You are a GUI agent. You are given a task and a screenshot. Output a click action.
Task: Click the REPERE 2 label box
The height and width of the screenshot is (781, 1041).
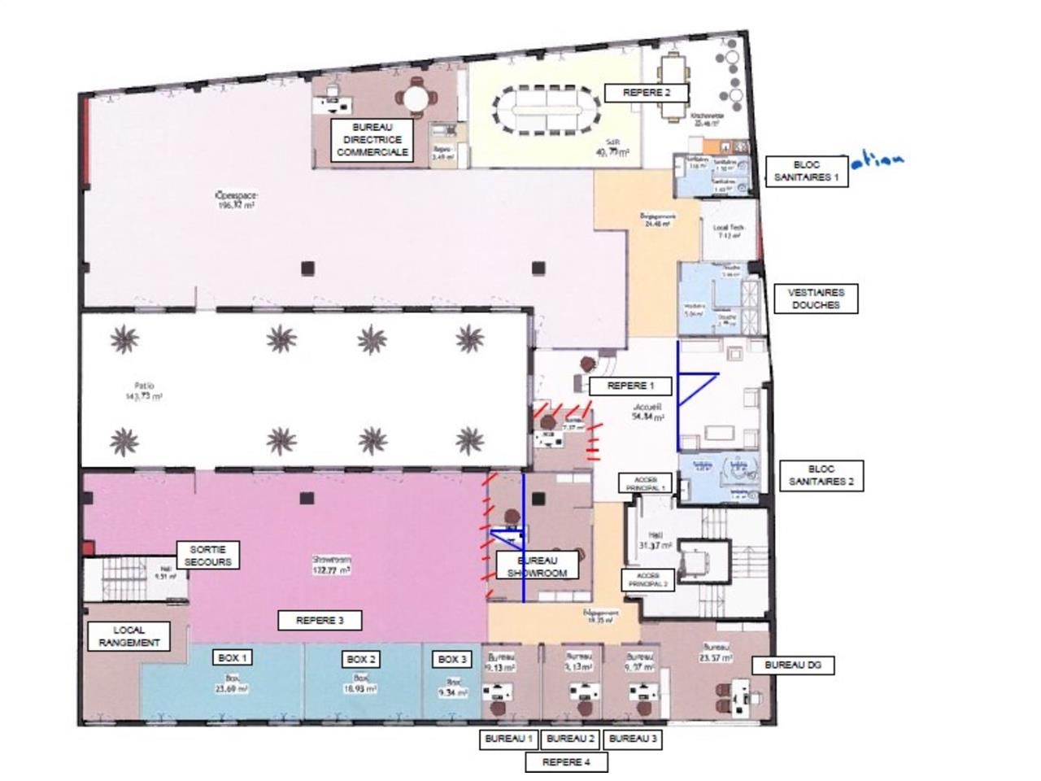[x=647, y=93]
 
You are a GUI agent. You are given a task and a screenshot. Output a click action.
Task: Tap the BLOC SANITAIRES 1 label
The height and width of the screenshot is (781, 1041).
[x=807, y=171]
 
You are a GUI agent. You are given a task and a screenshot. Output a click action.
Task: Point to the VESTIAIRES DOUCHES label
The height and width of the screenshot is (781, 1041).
[x=816, y=299]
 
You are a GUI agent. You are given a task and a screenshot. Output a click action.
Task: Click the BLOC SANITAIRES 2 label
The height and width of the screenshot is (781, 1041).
[x=821, y=476]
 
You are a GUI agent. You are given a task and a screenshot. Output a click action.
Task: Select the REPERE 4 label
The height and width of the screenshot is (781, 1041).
[x=565, y=762]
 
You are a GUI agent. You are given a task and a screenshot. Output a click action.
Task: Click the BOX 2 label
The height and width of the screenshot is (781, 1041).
[x=361, y=659]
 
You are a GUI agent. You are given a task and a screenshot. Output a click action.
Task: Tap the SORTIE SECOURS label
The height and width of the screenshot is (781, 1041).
[x=208, y=556]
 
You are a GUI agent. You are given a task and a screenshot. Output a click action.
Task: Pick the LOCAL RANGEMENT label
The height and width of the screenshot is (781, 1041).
[x=129, y=636]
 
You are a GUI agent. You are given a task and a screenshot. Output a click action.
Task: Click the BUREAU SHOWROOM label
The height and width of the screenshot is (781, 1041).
[x=537, y=566]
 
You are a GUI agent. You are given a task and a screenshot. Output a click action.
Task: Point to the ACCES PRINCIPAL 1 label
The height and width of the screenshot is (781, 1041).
[x=646, y=483]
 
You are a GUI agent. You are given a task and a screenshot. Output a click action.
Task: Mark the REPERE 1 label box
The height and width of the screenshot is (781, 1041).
[x=630, y=386]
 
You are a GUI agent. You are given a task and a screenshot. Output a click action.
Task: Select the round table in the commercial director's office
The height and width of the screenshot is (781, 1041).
[x=416, y=98]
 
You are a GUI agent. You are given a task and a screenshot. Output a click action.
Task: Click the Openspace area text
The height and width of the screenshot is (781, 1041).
[x=236, y=200]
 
